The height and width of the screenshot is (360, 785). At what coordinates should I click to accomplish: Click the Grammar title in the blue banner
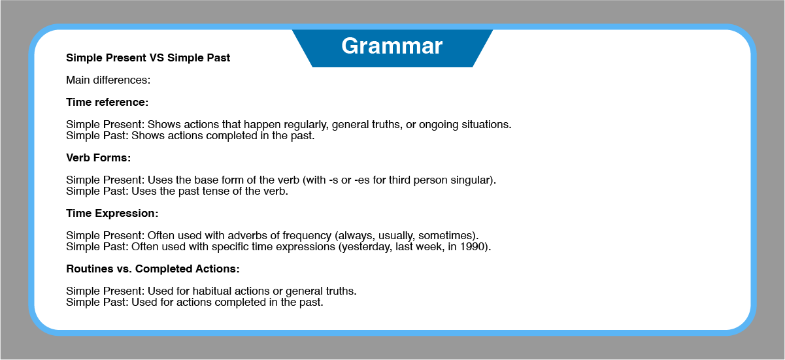point(392,46)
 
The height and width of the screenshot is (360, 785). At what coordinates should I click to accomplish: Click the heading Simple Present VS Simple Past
point(148,57)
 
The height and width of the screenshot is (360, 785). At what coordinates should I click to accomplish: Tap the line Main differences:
point(109,80)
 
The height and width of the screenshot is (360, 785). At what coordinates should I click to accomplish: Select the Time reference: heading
point(107,103)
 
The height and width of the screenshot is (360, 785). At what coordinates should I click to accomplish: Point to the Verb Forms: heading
point(99,157)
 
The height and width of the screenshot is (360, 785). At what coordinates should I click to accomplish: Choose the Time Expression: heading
point(112,213)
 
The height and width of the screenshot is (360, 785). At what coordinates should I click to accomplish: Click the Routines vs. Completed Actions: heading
point(153,269)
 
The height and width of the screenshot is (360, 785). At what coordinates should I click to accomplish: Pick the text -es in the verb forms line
point(362,180)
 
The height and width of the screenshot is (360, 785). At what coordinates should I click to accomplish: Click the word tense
point(215,191)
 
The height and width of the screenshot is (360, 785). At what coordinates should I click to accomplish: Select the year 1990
point(472,247)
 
